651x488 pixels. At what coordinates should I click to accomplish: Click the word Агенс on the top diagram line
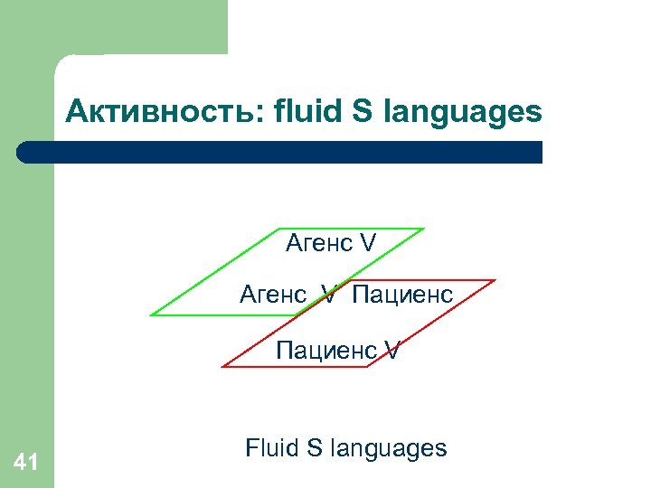point(318,243)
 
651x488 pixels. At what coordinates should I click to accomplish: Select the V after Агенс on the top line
point(367,243)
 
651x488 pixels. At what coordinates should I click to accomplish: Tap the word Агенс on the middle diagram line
point(272,295)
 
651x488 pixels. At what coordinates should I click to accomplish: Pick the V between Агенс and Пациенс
point(330,295)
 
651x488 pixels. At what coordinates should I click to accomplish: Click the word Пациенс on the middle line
point(402,295)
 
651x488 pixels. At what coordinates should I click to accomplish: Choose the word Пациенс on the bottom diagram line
point(325,349)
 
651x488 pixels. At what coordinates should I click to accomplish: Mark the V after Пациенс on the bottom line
point(392,349)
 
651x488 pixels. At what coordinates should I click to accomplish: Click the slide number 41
point(26,464)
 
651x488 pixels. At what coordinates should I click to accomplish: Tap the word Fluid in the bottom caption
point(272,448)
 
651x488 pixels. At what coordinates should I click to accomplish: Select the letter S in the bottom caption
point(316,448)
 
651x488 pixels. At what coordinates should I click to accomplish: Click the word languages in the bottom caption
point(389,449)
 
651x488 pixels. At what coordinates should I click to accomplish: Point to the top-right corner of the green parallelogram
point(423,229)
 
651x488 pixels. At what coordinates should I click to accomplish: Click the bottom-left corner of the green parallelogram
point(151,314)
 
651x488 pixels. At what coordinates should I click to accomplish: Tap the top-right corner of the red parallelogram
point(495,280)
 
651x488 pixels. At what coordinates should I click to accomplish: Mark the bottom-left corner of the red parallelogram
point(222,366)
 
